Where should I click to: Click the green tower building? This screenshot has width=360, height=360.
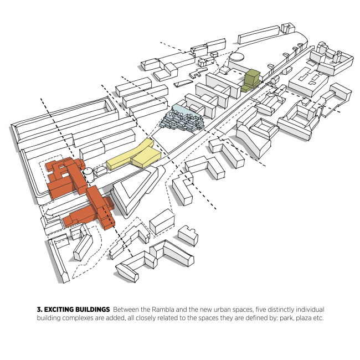(253, 80)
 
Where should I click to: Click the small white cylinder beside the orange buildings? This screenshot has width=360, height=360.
(88, 175)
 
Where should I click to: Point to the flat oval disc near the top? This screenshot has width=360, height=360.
(237, 56)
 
